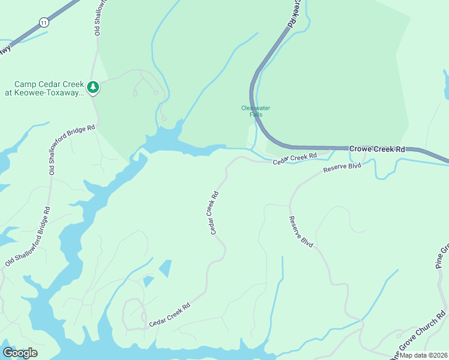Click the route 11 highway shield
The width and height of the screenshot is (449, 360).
click(x=43, y=22)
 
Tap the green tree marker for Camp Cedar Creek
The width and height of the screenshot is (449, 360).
click(x=93, y=88)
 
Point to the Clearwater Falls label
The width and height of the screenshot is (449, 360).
click(x=256, y=111)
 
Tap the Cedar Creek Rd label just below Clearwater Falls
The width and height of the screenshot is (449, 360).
click(x=295, y=159)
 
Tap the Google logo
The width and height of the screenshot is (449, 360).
click(x=20, y=353)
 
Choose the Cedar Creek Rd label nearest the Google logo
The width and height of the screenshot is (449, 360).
click(x=169, y=314)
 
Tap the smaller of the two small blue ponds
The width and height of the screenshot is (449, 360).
click(x=148, y=281)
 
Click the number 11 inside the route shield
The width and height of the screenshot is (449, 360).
click(x=43, y=22)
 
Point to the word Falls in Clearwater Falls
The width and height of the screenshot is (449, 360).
click(x=256, y=115)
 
